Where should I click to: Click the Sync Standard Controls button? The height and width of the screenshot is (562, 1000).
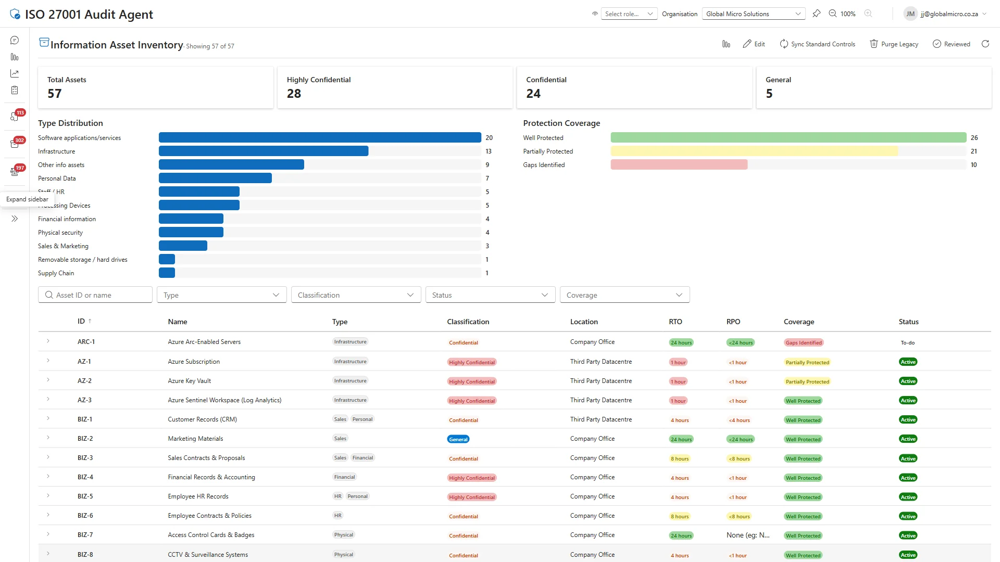[817, 44]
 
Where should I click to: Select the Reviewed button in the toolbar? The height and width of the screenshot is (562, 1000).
[951, 44]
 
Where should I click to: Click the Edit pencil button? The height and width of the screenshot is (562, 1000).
[754, 44]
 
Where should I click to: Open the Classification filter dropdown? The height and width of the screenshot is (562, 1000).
[356, 295]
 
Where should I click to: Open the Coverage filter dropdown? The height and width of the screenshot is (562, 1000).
[624, 295]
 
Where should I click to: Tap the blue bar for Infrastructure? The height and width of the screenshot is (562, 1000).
[263, 151]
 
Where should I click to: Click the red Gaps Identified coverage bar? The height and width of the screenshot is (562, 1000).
[679, 165]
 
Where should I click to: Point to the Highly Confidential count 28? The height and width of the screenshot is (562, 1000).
[294, 94]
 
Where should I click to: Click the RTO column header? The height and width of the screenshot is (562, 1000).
[675, 322]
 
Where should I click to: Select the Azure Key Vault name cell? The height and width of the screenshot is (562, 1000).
[189, 381]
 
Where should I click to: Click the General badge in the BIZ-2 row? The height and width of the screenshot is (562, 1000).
[458, 439]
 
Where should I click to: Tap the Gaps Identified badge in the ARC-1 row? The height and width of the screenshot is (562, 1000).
[803, 342]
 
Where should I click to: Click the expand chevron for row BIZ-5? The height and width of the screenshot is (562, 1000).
[48, 496]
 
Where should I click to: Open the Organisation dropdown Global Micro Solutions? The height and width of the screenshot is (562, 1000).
[753, 14]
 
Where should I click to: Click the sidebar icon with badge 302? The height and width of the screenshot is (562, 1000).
[15, 144]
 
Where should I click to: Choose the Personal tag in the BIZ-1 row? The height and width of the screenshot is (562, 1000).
[362, 419]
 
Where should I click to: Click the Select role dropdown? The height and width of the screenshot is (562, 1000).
[629, 14]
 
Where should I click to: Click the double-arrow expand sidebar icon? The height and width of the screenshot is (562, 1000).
[15, 219]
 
